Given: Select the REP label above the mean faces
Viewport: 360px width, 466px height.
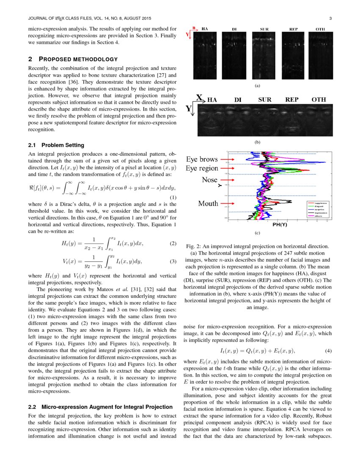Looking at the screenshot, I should [291, 100].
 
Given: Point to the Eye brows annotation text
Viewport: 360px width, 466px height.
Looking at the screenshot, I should [202, 160].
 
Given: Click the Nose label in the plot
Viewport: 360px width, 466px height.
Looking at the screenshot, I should [209, 180].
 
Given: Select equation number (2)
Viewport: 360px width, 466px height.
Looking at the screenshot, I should [173, 244].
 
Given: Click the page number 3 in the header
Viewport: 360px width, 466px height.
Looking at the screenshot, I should [330, 19].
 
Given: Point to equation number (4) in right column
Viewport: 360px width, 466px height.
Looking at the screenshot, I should [328, 351].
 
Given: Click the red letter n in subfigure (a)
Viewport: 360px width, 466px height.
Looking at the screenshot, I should [194, 28].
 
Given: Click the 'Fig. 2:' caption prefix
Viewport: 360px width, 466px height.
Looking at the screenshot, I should [194, 246].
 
